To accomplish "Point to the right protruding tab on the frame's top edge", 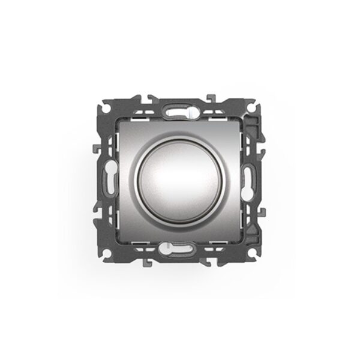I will coord(211,97).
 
